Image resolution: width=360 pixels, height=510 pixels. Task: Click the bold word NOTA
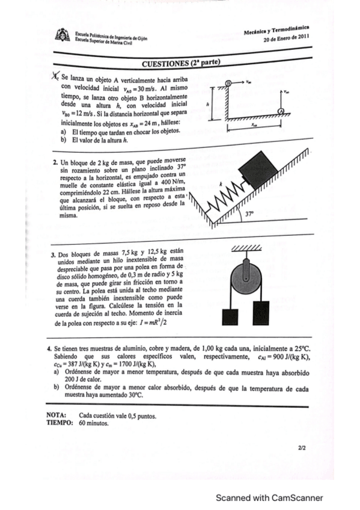[56, 415]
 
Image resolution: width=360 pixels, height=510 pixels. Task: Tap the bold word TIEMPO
[59, 422]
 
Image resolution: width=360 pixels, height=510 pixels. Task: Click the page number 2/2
[301, 448]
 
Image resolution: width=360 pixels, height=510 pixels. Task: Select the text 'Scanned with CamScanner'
[270, 497]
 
